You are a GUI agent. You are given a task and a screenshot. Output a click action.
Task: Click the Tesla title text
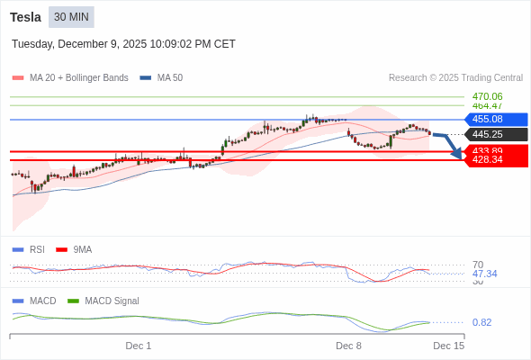(x=26, y=17)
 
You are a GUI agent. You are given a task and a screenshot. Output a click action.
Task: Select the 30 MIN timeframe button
(x=71, y=17)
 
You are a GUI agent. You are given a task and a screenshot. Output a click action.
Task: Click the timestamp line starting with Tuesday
(x=123, y=43)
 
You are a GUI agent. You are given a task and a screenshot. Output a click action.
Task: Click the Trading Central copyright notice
(x=455, y=78)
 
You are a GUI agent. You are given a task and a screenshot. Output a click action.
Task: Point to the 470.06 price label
(x=487, y=96)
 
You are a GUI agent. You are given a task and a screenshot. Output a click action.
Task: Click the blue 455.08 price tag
(x=494, y=120)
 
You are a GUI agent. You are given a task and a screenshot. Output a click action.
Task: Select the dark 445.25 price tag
(x=494, y=135)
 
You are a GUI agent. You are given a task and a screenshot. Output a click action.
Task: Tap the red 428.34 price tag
(x=494, y=160)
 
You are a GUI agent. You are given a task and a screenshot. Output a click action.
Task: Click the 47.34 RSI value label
(x=484, y=274)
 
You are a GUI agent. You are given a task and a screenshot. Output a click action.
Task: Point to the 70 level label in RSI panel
(x=478, y=265)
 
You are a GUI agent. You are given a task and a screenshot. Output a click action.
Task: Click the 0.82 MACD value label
(x=481, y=322)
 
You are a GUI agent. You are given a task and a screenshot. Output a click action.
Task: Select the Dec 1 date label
(x=139, y=346)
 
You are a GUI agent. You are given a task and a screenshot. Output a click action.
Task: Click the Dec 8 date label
(x=348, y=346)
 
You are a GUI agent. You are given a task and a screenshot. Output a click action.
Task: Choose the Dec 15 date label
(x=448, y=346)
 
